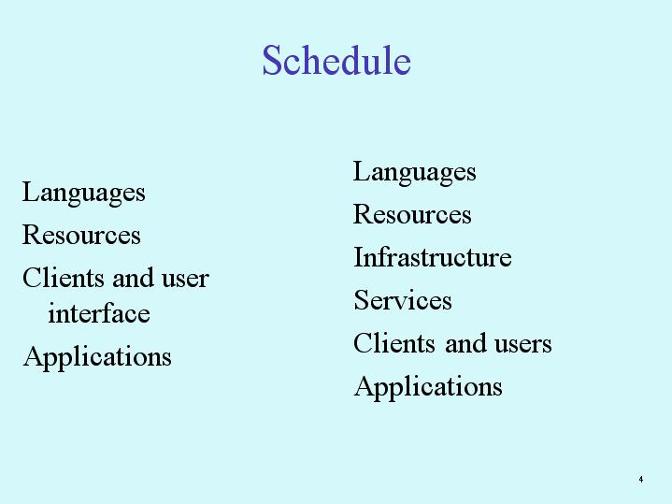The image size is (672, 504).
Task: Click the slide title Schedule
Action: [336, 60]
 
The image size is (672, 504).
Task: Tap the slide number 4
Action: [641, 479]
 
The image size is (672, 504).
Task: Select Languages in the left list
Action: [83, 193]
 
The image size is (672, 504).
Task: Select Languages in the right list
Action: [414, 172]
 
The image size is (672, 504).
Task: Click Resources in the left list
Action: [81, 235]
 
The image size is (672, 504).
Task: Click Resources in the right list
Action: [412, 214]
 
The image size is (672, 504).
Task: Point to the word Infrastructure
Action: [433, 257]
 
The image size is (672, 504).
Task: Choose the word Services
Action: [403, 300]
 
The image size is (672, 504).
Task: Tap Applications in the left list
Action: [97, 357]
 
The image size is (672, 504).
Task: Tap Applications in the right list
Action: [428, 387]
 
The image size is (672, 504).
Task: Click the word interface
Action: [99, 312]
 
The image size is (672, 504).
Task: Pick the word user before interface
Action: [185, 279]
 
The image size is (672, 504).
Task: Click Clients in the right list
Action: [394, 343]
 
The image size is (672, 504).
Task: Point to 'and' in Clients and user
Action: [133, 278]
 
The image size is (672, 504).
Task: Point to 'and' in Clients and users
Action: [465, 343]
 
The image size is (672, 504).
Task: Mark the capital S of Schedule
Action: [271, 61]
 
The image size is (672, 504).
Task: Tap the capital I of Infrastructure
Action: [358, 257]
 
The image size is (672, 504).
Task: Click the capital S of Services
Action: [361, 300]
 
